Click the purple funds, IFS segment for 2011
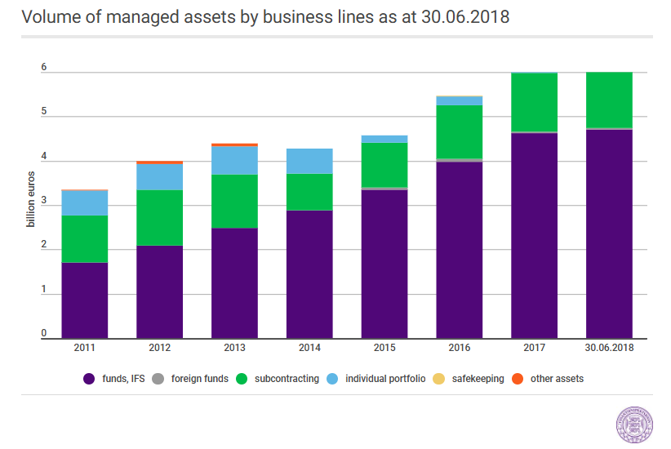tap(85, 300)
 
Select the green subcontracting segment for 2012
tap(160, 217)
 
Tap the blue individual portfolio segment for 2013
tap(234, 161)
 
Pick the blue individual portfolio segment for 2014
tap(309, 161)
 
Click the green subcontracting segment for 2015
tap(384, 165)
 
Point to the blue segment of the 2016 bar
tap(460, 101)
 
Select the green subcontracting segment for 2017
tap(534, 102)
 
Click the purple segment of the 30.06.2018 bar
tap(609, 233)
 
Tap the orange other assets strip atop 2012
tap(160, 162)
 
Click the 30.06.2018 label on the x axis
tap(609, 348)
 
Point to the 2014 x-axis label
tap(309, 348)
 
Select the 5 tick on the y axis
tap(43, 111)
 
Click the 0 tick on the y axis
tap(43, 333)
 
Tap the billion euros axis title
tap(30, 199)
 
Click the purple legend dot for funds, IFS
tap(89, 379)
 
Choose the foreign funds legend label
tap(200, 379)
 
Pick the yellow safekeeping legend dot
tap(438, 379)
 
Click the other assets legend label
tap(558, 379)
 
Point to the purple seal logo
tap(634, 425)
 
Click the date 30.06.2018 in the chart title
tap(465, 17)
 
